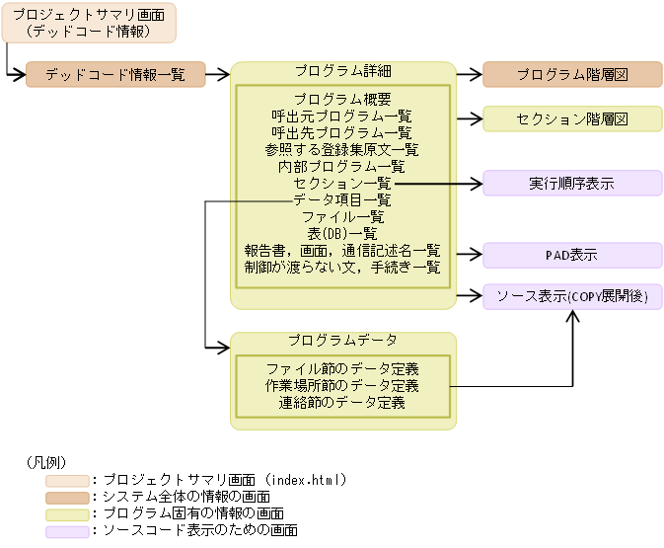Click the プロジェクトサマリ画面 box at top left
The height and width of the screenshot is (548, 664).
89,23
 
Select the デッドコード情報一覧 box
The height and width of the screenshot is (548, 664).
115,74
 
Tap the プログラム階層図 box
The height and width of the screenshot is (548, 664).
572,74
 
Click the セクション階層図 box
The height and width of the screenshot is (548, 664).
572,118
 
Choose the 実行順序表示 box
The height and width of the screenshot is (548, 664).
572,183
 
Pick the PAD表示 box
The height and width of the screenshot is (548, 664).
572,256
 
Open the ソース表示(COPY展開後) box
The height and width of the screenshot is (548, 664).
572,296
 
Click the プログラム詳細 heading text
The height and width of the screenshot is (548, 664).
342,71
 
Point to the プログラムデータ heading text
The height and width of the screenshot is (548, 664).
342,341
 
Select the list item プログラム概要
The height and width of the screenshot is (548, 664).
342,99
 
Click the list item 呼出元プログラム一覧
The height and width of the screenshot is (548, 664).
342,116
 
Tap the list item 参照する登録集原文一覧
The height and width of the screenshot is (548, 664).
342,149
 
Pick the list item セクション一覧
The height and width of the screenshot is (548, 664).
342,183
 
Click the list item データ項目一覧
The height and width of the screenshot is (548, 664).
342,199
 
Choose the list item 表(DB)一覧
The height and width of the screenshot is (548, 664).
342,233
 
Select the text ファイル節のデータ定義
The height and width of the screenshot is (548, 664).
342,368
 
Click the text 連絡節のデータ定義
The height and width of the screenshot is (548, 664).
342,402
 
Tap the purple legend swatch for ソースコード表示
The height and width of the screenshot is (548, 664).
66,531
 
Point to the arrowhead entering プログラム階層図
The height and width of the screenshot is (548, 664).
476,74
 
